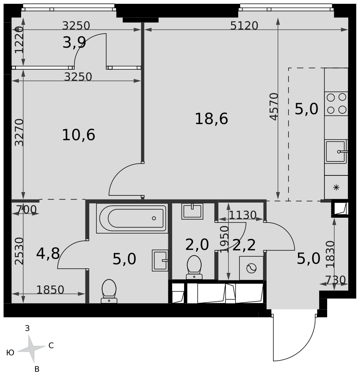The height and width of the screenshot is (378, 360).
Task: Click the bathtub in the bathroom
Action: pos(132,218)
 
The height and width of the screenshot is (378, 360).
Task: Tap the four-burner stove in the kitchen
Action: pos(336,104)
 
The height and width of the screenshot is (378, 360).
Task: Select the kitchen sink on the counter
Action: pos(336,152)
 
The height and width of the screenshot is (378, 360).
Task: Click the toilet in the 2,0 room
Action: pos(194,267)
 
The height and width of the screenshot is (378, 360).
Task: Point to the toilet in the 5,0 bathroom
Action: pos(109,291)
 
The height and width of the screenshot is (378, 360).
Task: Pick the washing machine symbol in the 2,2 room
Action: pos(251,268)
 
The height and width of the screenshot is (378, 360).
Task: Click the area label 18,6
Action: pos(211,119)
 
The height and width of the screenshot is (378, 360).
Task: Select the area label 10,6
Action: pos(78,135)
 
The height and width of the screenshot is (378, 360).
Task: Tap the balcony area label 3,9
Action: pos(74,43)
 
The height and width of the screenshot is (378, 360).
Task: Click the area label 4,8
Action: pos(48,253)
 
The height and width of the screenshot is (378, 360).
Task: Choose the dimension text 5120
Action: pos(244,25)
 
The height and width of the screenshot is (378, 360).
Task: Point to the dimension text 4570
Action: pos(274,106)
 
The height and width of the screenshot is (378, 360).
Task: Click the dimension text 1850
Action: pos(50,290)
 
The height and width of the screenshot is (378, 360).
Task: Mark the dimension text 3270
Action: pos(19,132)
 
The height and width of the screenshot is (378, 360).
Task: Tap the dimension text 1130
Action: pos(242,215)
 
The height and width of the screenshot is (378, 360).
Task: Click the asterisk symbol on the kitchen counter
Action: pos(336,187)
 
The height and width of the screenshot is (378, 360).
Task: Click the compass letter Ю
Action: pos(10,353)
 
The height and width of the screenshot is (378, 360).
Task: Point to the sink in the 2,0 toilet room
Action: pos(192,211)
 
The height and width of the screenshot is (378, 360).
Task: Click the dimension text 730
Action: pos(336,280)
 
